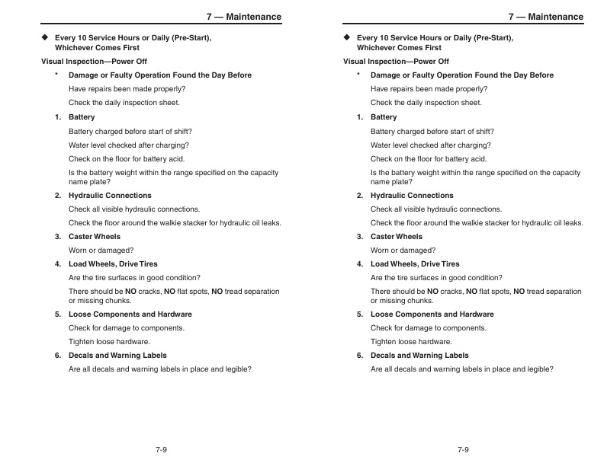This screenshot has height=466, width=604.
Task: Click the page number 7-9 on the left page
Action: tap(161, 449)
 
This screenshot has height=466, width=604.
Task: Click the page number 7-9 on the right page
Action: tap(463, 449)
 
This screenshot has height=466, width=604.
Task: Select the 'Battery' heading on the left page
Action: tap(82, 117)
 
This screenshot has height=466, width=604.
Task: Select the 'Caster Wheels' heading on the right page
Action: tap(396, 237)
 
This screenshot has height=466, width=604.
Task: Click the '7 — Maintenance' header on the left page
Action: tap(243, 17)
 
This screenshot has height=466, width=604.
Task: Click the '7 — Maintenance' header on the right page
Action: tap(545, 17)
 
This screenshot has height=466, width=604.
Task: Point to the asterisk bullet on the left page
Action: tap(56, 75)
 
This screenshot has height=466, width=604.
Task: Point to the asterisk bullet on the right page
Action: tap(358, 75)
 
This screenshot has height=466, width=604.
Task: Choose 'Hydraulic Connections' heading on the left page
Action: tap(110, 196)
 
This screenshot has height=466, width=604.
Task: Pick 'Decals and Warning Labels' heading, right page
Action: tap(419, 356)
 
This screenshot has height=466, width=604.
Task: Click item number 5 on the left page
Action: tap(58, 314)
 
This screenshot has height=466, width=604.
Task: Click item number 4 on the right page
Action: tap(360, 264)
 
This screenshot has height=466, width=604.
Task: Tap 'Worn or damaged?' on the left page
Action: tap(101, 251)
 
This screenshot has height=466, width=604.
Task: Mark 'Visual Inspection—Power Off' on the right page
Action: tap(396, 62)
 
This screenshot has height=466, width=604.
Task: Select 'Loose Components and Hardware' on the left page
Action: tap(130, 314)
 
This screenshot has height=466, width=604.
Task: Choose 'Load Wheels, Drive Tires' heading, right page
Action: tap(415, 264)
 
